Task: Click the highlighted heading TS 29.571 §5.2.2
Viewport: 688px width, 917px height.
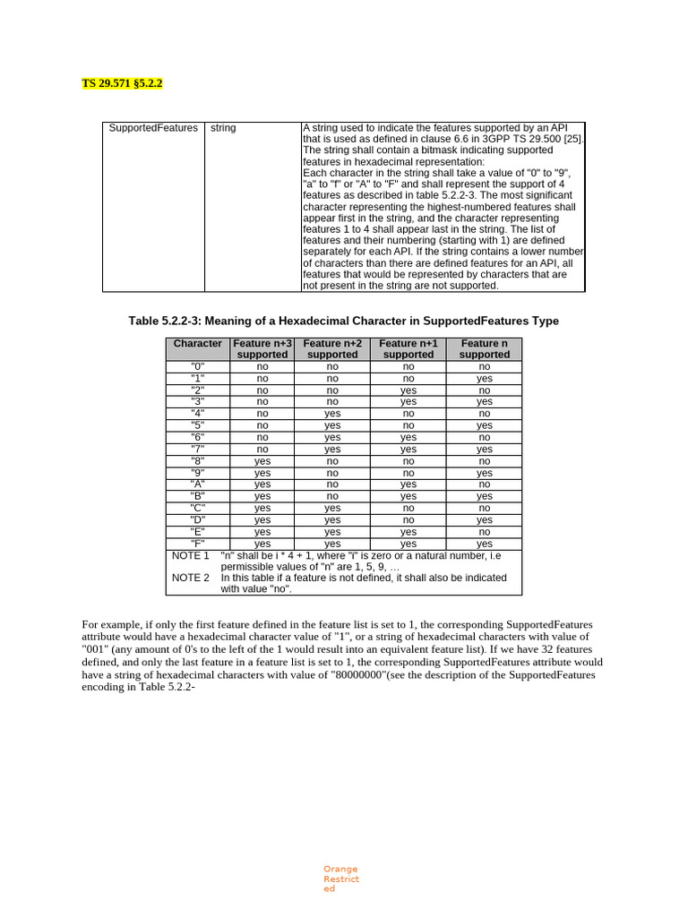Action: pyautogui.click(x=122, y=84)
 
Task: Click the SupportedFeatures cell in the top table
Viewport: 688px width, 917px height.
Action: pyautogui.click(x=153, y=128)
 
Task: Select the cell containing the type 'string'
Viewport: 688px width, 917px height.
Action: pyautogui.click(x=223, y=128)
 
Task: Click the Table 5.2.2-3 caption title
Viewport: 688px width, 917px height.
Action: pyautogui.click(x=344, y=321)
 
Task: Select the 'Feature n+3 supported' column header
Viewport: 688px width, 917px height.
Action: pyautogui.click(x=262, y=349)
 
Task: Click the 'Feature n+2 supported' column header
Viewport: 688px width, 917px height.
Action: pyautogui.click(x=332, y=349)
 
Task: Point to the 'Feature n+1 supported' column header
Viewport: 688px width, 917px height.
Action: pyautogui.click(x=408, y=349)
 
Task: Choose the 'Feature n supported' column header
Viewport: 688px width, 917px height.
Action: pyautogui.click(x=484, y=349)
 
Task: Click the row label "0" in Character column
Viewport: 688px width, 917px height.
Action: pyautogui.click(x=198, y=367)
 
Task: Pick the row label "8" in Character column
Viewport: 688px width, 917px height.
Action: pyautogui.click(x=198, y=461)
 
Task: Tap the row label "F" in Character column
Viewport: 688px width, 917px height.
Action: pyautogui.click(x=198, y=544)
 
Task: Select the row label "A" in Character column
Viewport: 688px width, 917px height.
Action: pyautogui.click(x=198, y=484)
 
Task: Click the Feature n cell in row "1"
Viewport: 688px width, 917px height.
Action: pyautogui.click(x=484, y=379)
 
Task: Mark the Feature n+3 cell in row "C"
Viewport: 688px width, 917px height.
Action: pyautogui.click(x=262, y=508)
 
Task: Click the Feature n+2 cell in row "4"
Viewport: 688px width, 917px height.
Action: pyautogui.click(x=332, y=414)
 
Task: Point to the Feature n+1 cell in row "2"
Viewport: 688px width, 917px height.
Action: pyautogui.click(x=408, y=390)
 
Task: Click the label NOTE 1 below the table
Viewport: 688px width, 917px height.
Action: pyautogui.click(x=190, y=556)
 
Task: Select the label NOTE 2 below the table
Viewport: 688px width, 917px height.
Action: pyautogui.click(x=190, y=578)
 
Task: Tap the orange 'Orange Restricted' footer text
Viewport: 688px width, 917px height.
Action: pyautogui.click(x=340, y=878)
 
